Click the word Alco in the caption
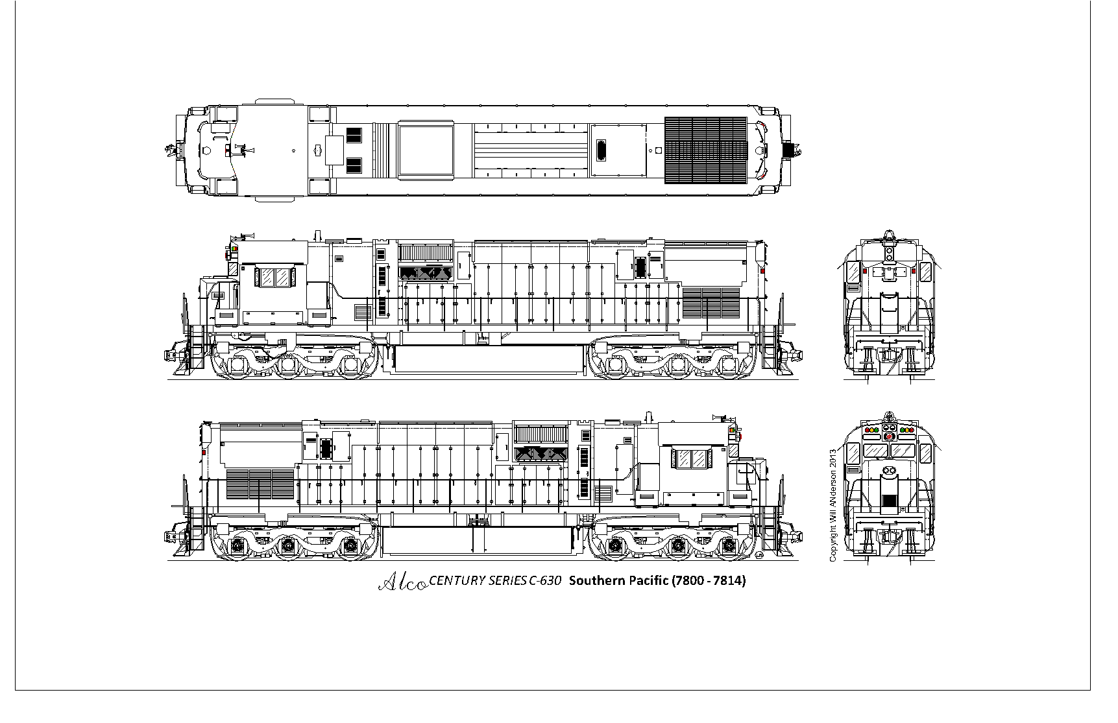click(x=402, y=582)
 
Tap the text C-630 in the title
click(x=544, y=581)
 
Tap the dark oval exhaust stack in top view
click(x=602, y=150)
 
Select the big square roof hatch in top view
click(x=425, y=150)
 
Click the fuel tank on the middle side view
click(x=485, y=361)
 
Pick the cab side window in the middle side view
click(x=274, y=278)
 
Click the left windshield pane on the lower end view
click(x=875, y=450)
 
